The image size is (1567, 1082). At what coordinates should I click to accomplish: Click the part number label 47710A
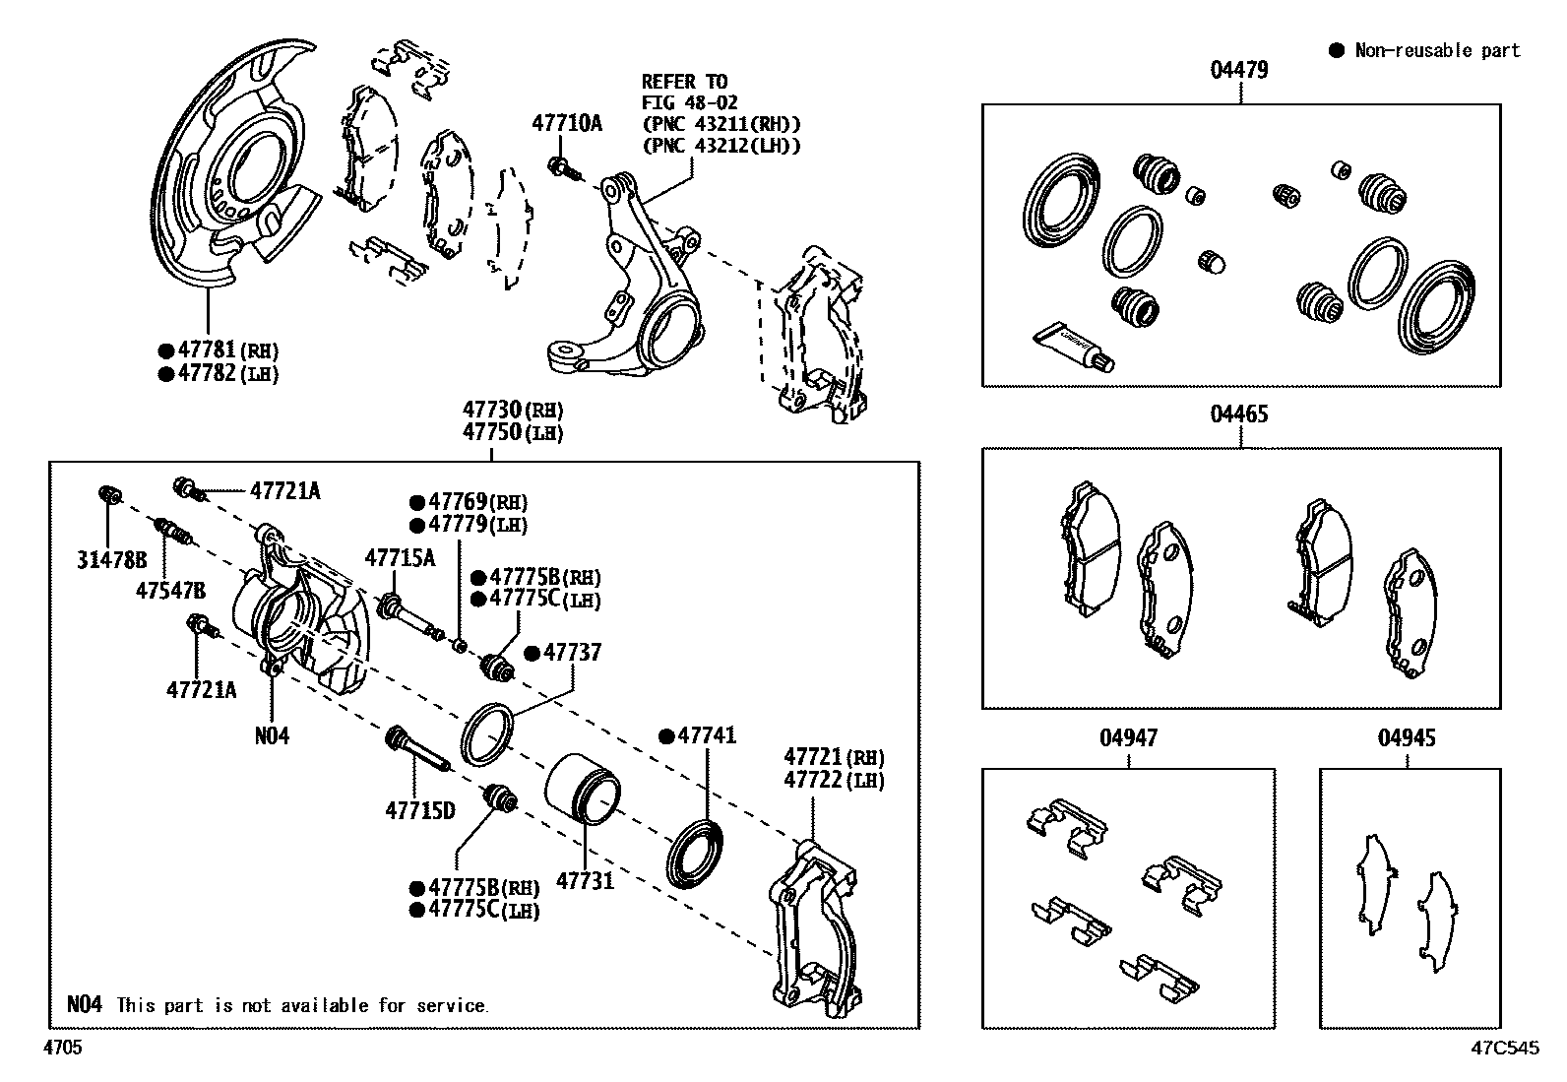(x=567, y=123)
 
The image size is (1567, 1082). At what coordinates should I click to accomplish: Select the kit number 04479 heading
(x=1239, y=70)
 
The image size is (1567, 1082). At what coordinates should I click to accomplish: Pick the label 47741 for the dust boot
(x=707, y=735)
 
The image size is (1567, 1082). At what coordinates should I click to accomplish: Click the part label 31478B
(x=111, y=560)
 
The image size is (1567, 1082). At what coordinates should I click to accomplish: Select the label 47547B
(x=171, y=590)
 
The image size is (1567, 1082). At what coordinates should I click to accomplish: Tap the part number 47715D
(x=420, y=810)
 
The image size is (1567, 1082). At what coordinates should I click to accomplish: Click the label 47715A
(x=400, y=558)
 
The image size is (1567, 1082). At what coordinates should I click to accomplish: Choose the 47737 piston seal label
(x=572, y=653)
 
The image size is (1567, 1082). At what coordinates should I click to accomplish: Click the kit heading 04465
(x=1239, y=414)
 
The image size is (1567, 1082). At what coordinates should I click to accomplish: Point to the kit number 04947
(x=1129, y=737)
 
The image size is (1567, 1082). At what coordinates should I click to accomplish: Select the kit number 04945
(x=1407, y=737)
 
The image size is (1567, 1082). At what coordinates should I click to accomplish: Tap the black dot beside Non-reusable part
(x=1336, y=50)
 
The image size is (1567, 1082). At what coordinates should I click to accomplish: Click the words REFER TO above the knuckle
(x=684, y=81)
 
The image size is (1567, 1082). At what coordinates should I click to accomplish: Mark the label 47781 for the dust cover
(x=208, y=350)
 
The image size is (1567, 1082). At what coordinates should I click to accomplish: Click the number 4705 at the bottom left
(x=62, y=1048)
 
